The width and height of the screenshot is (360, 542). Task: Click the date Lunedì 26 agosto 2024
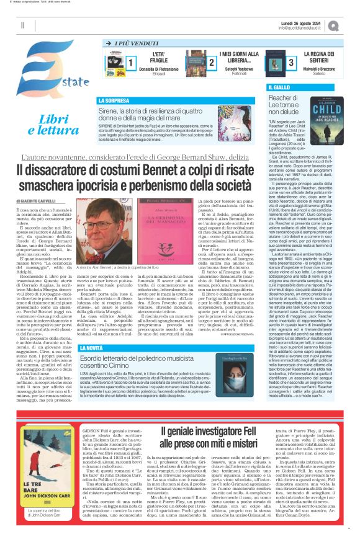pos(309,22)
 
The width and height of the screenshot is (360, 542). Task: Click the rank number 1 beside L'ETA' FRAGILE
pos(131,63)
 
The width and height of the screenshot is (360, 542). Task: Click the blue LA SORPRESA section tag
pos(113,100)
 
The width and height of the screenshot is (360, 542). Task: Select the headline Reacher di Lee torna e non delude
pos(288,105)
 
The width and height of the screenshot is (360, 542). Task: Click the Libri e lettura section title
pos(58,125)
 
